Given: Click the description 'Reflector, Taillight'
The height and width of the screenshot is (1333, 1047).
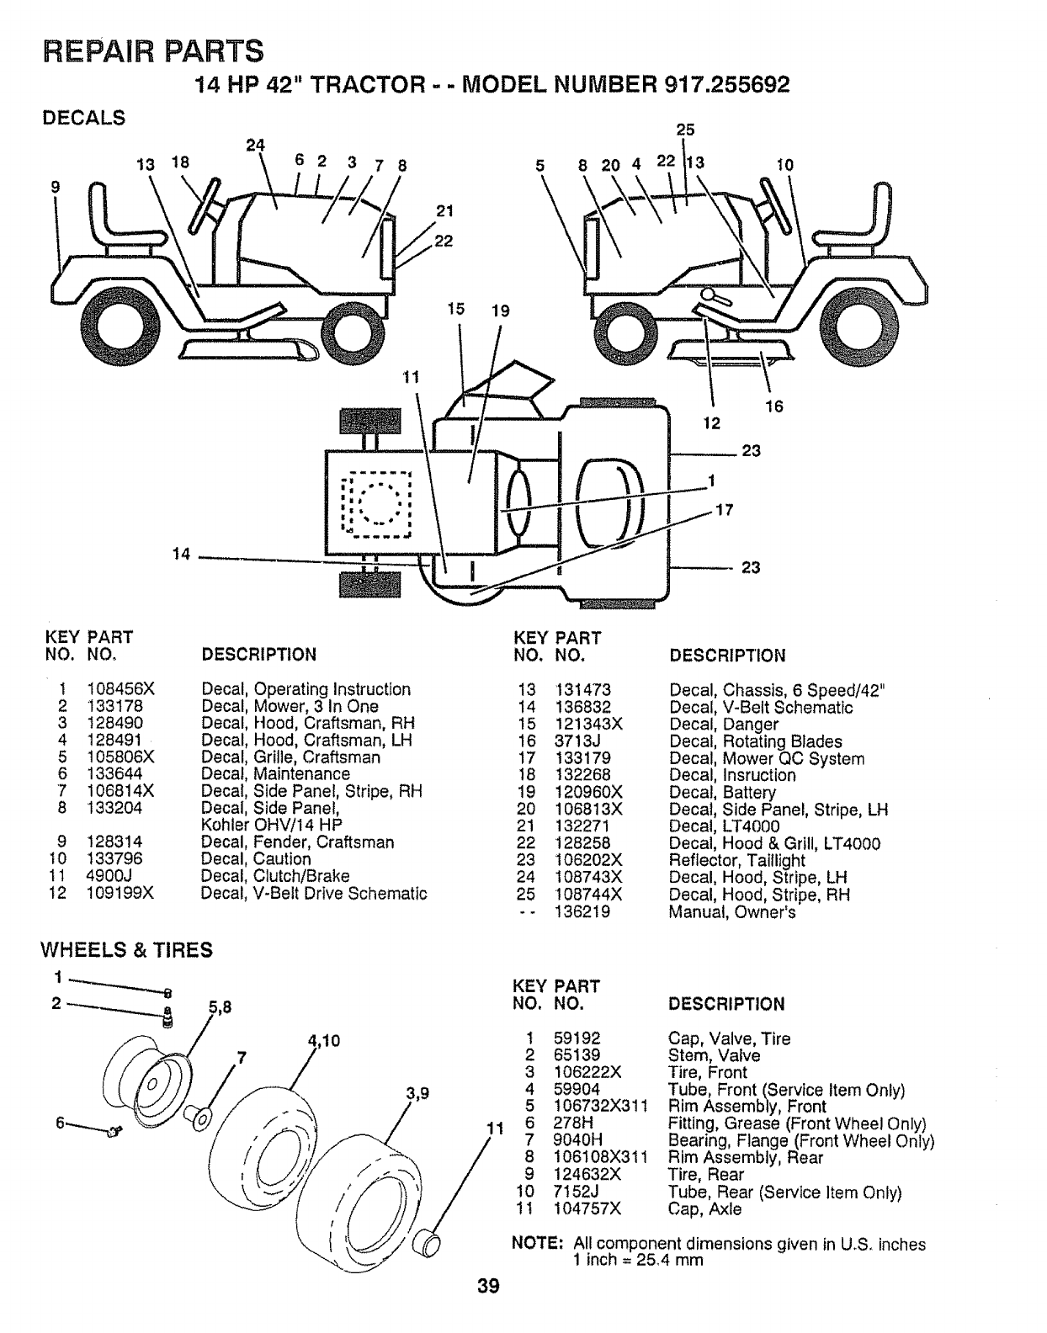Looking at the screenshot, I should tap(736, 860).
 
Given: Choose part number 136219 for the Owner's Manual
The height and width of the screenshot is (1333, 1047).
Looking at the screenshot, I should tap(582, 911).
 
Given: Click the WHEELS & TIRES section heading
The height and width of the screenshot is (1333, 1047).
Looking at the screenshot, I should tap(127, 950).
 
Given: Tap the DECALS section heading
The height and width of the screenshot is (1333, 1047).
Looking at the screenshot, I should tap(83, 118).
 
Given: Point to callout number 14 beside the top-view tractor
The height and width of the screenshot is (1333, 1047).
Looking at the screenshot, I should tap(181, 554).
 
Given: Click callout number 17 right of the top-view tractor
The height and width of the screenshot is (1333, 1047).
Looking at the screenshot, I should tap(724, 510).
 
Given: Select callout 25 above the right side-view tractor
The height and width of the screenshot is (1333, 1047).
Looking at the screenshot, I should tap(685, 129).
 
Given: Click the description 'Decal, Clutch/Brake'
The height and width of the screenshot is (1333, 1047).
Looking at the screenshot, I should tap(275, 875).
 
